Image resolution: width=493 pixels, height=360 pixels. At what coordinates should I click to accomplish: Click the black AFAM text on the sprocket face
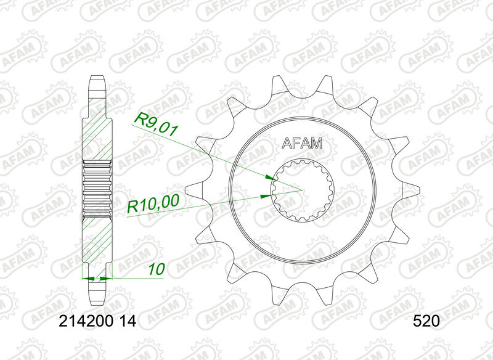(302, 144)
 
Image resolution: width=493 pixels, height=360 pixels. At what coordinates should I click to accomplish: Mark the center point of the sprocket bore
(302, 189)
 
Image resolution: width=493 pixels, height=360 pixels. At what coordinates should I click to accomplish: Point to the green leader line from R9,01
(203, 152)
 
